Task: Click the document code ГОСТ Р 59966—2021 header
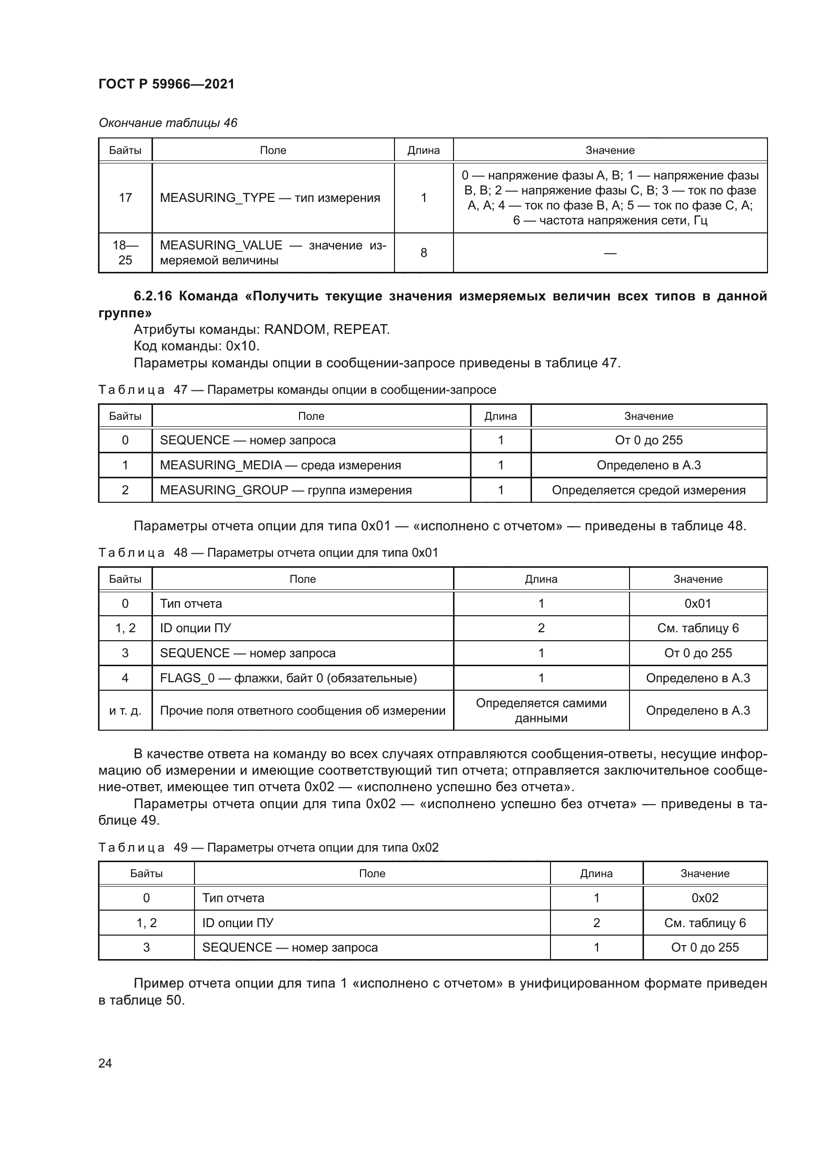tap(166, 84)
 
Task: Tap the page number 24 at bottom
tap(105, 1063)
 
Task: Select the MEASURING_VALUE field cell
tap(273, 252)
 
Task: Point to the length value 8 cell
tap(423, 252)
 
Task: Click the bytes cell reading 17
tap(125, 197)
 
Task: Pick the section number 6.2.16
tap(152, 296)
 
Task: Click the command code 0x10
tap(242, 346)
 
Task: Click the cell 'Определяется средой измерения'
tap(648, 490)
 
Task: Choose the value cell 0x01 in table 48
tap(697, 603)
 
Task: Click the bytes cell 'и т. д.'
tap(125, 710)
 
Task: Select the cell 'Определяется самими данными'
tap(541, 710)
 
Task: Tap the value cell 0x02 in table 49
tap(705, 898)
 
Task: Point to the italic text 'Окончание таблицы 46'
tap(168, 123)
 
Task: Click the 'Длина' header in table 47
tap(500, 416)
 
